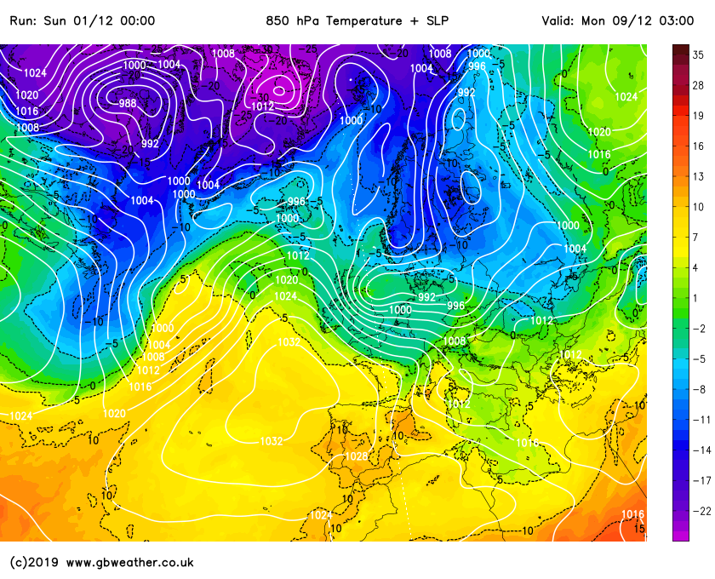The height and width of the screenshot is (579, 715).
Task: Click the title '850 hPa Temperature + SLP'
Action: (357, 20)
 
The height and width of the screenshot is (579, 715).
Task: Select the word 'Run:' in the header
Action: (23, 20)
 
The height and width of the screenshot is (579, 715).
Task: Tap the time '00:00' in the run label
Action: (138, 20)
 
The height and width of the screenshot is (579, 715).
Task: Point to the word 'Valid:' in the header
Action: (558, 20)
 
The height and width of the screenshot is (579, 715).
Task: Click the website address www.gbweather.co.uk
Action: (129, 562)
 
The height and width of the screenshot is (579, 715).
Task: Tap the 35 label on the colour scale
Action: (697, 54)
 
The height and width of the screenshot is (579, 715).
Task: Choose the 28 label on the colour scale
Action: (697, 85)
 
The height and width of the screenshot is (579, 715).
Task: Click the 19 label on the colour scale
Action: (697, 116)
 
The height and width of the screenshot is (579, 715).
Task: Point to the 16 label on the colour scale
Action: (697, 146)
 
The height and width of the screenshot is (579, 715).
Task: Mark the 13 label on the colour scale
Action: (697, 176)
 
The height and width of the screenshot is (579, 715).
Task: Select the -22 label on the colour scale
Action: (701, 510)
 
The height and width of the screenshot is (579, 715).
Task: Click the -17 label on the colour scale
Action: (701, 480)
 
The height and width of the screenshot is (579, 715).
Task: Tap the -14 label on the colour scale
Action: (701, 450)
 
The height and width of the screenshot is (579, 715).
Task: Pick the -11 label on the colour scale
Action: (701, 420)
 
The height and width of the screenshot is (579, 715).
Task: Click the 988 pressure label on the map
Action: (127, 103)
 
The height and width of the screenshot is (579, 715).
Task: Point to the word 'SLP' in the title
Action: (435, 20)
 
